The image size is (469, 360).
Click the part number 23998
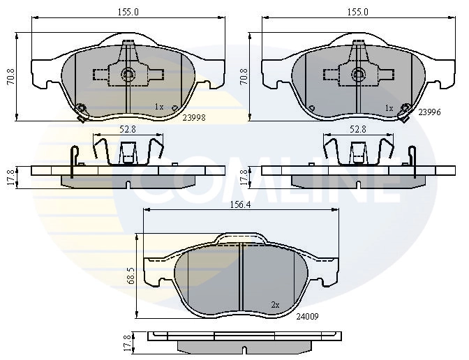pyautogui.click(x=193, y=118)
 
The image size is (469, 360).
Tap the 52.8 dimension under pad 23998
pyautogui.click(x=127, y=128)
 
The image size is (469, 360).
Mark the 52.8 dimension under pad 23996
pyautogui.click(x=357, y=128)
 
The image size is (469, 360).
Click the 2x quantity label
pyautogui.click(x=275, y=305)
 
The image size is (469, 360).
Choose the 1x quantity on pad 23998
pyautogui.click(x=159, y=107)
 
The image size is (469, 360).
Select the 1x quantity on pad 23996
pyautogui.click(x=389, y=108)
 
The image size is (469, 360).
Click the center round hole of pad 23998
pyautogui.click(x=128, y=75)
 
